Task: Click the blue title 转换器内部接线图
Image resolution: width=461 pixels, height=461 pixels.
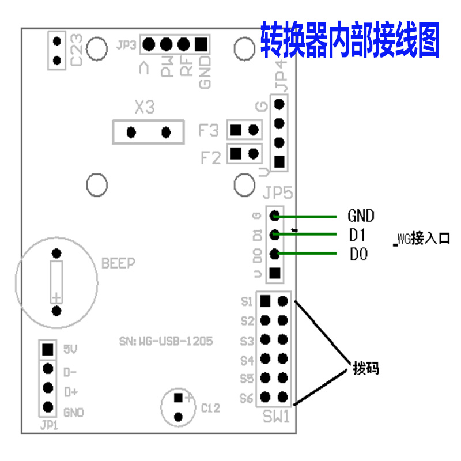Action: click(x=350, y=39)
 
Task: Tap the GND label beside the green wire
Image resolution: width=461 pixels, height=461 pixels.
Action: click(x=361, y=216)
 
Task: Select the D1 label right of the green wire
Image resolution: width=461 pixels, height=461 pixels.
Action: click(x=358, y=235)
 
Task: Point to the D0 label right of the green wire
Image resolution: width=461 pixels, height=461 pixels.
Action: click(x=358, y=254)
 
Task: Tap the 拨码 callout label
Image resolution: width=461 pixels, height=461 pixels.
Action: click(x=366, y=368)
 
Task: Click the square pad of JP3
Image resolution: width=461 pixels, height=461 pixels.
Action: click(x=201, y=44)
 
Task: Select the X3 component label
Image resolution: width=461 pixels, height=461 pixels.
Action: click(x=145, y=107)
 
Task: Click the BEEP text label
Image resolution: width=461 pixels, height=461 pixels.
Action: click(x=118, y=263)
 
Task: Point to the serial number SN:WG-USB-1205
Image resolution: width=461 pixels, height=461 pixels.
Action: click(x=166, y=341)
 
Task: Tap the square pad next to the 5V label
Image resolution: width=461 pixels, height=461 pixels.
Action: click(x=48, y=349)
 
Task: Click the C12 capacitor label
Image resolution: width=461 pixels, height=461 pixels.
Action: click(x=210, y=408)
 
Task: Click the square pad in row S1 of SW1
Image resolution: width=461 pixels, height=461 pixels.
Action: click(x=264, y=301)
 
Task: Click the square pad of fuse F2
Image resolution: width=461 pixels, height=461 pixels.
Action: click(x=235, y=153)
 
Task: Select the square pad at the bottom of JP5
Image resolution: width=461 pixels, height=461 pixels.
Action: click(x=275, y=273)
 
